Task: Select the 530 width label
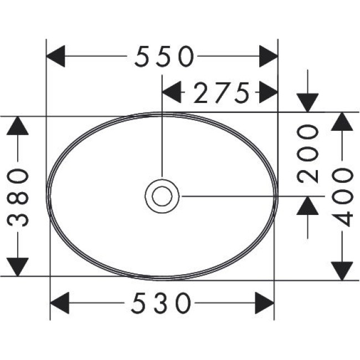coord(162,303)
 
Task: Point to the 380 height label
coord(19,197)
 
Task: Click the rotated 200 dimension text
coord(308,153)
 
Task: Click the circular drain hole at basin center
coord(162,196)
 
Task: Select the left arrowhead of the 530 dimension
coord(60,303)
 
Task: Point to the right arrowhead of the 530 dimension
coord(265,303)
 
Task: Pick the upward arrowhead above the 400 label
coord(343,122)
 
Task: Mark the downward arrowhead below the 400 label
coord(343,270)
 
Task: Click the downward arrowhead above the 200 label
coord(307,102)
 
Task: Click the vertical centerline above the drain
coord(162,138)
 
